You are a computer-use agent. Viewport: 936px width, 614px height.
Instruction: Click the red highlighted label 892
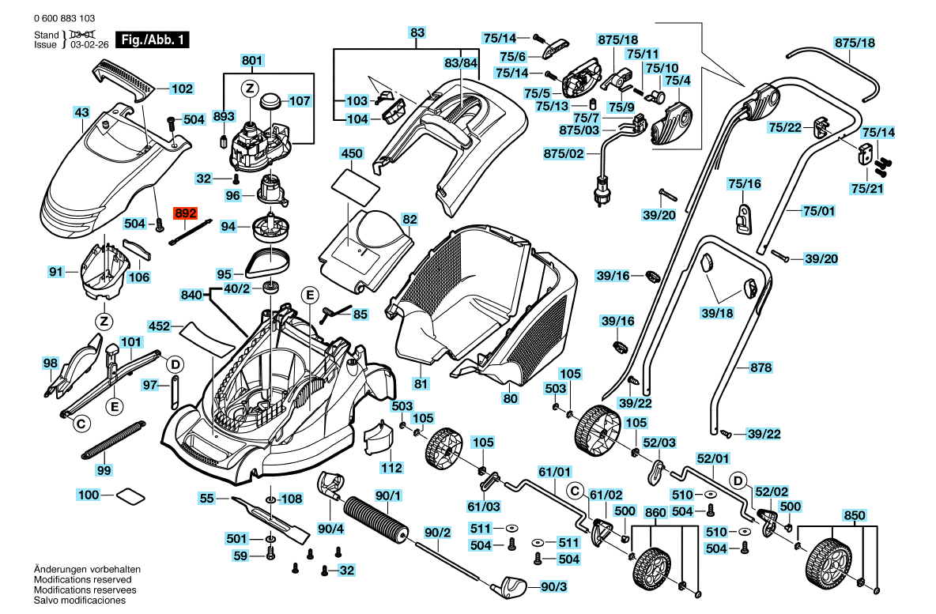[x=185, y=213]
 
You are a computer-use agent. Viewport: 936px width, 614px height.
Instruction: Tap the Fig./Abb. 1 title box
[x=153, y=40]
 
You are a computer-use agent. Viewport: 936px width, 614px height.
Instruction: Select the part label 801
[x=252, y=60]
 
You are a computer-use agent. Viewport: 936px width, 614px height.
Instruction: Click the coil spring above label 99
[x=113, y=441]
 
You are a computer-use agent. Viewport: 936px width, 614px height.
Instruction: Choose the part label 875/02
[x=564, y=153]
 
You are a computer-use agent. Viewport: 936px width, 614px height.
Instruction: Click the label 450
[x=352, y=153]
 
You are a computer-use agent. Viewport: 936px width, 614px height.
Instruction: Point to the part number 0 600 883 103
[x=65, y=18]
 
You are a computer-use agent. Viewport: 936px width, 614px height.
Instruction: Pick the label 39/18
[x=717, y=313]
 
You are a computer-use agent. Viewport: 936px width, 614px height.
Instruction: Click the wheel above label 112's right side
[x=445, y=448]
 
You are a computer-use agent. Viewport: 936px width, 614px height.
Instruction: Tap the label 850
[x=854, y=515]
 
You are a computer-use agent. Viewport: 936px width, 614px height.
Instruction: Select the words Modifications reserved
[x=83, y=579]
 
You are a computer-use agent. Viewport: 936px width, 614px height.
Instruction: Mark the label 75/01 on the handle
[x=819, y=211]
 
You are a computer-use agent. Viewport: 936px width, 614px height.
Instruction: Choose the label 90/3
[x=553, y=586]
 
